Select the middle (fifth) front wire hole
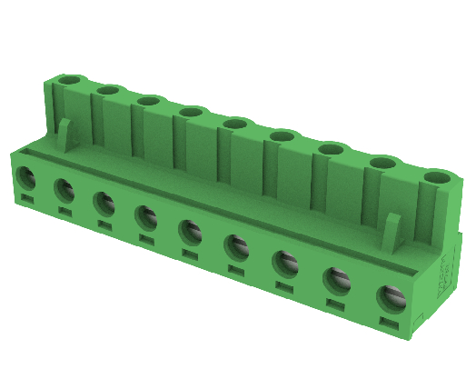tap(190, 230)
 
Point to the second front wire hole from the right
tap(337, 280)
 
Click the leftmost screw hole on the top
tap(71, 82)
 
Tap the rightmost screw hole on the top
tap(437, 176)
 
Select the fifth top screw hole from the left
tap(235, 124)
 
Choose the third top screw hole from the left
tap(149, 101)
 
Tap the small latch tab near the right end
tap(392, 232)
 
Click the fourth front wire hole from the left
tap(145, 215)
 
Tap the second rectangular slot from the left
tap(65, 211)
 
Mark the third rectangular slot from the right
tap(285, 288)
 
